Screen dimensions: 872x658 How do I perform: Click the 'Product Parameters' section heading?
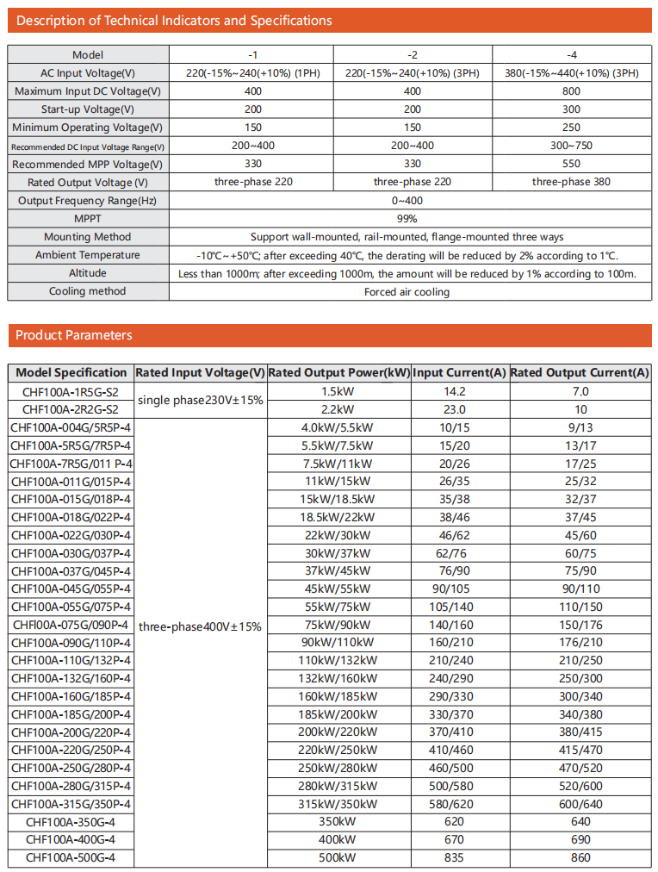point(74,335)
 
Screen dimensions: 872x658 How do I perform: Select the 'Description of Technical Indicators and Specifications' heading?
point(174,21)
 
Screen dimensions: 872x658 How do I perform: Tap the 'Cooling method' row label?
point(88,291)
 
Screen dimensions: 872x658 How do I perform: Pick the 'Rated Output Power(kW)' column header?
point(339,373)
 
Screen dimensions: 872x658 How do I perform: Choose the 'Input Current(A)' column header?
point(459,373)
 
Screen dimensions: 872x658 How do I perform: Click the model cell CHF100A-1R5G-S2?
point(71,392)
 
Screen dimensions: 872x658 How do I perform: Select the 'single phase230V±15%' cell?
point(201,401)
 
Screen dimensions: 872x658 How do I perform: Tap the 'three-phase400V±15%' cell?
point(201,626)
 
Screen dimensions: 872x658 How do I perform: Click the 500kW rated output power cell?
point(339,857)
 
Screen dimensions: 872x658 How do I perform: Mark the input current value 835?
point(454,857)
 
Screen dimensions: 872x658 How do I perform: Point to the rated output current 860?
point(580,857)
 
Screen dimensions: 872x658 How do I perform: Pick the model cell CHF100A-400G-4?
point(71,839)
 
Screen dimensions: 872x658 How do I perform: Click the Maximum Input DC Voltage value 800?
point(572,91)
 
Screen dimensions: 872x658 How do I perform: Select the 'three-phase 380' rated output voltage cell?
point(572,182)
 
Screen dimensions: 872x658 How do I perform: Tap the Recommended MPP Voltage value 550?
point(572,164)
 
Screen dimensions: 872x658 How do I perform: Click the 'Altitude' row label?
point(88,273)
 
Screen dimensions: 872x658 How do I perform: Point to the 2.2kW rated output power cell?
point(339,410)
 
